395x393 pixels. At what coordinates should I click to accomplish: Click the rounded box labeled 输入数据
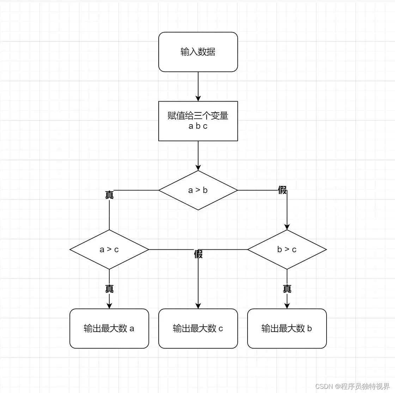pos(198,52)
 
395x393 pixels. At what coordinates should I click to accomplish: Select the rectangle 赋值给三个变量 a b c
pos(198,121)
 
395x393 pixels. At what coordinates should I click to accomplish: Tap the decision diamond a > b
pos(198,190)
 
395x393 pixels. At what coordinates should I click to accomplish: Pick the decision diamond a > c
pos(109,249)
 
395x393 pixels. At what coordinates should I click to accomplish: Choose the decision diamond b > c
pos(287,249)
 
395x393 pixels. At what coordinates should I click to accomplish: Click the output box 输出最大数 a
pos(109,328)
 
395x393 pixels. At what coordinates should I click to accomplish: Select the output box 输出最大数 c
pos(198,328)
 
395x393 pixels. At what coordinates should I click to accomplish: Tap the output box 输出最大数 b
pos(287,328)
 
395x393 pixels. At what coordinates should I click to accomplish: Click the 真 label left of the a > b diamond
pos(109,195)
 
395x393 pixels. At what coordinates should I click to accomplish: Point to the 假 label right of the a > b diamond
pos(282,191)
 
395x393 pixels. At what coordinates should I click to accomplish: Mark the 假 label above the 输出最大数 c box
pos(198,254)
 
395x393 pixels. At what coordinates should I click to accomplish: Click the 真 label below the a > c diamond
pos(109,289)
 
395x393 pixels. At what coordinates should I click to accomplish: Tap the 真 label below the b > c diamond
pos(287,289)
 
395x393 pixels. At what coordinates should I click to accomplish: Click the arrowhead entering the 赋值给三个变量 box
pos(198,98)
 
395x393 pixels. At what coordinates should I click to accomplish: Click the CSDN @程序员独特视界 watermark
pos(353,386)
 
